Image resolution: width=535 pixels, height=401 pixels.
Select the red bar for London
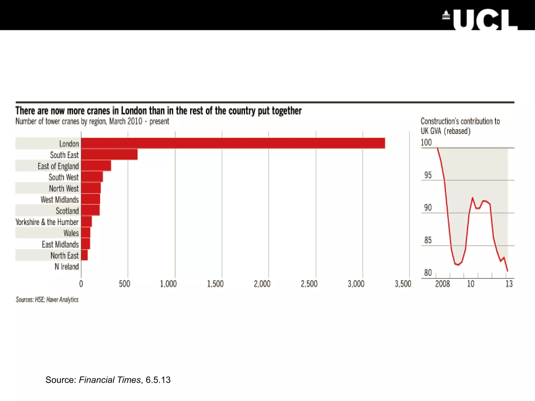point(233,143)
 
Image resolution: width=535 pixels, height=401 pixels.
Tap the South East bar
point(109,155)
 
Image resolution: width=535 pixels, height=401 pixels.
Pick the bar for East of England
point(96,166)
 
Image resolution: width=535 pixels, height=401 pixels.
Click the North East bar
point(84,255)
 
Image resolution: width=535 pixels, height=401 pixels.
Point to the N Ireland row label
point(67,267)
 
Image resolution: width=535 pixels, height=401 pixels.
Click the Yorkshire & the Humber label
point(47,222)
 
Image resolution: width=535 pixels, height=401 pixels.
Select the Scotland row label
point(67,211)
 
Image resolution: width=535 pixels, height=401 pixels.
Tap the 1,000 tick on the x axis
point(168,284)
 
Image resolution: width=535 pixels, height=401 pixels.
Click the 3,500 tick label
point(403,284)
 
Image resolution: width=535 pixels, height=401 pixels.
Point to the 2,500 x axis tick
point(309,284)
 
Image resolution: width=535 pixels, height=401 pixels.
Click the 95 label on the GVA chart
point(428,175)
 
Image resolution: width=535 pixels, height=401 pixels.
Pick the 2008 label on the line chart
point(443,284)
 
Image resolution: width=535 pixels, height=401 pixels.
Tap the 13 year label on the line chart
point(509,284)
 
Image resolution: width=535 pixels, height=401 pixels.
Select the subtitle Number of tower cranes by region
point(92,121)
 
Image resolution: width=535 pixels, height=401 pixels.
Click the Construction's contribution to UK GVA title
point(460,126)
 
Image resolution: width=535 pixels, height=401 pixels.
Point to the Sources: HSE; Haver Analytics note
point(47,299)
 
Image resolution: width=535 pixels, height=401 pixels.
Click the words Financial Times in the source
point(110,380)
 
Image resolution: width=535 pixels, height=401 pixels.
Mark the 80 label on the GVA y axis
point(428,273)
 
